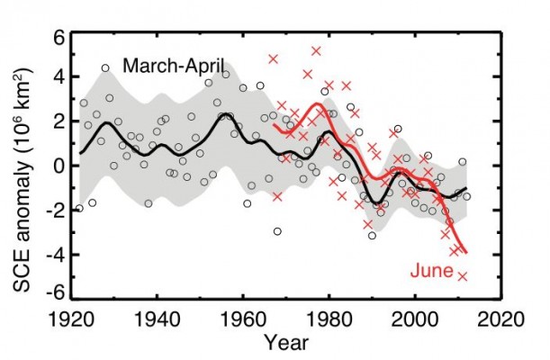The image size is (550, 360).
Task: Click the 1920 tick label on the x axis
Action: coord(75,318)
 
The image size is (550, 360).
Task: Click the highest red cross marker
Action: coord(316,51)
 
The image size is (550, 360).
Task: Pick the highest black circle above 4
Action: coord(105,68)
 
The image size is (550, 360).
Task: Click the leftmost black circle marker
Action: coord(79,208)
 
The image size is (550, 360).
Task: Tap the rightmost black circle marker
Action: coord(466,195)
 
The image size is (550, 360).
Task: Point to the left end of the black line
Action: coord(80,152)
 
